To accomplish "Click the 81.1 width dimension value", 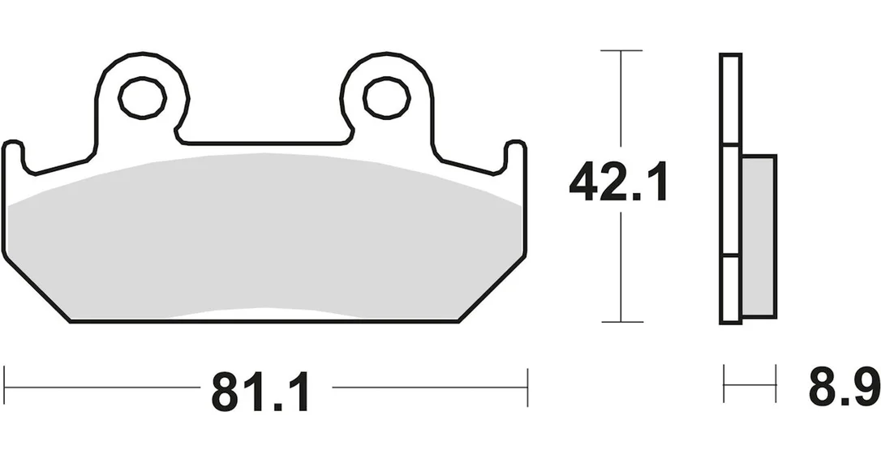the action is pos(260,392).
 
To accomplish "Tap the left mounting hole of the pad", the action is pos(142,98).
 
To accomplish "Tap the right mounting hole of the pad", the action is pos(386,98).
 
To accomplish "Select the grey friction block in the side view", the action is pos(759,236).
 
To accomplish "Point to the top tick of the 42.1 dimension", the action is pos(621,50).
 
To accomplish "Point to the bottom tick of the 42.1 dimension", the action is pos(622,322).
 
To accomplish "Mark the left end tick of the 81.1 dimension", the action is pos(5,387).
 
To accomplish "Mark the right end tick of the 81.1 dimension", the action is pos(527,387).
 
